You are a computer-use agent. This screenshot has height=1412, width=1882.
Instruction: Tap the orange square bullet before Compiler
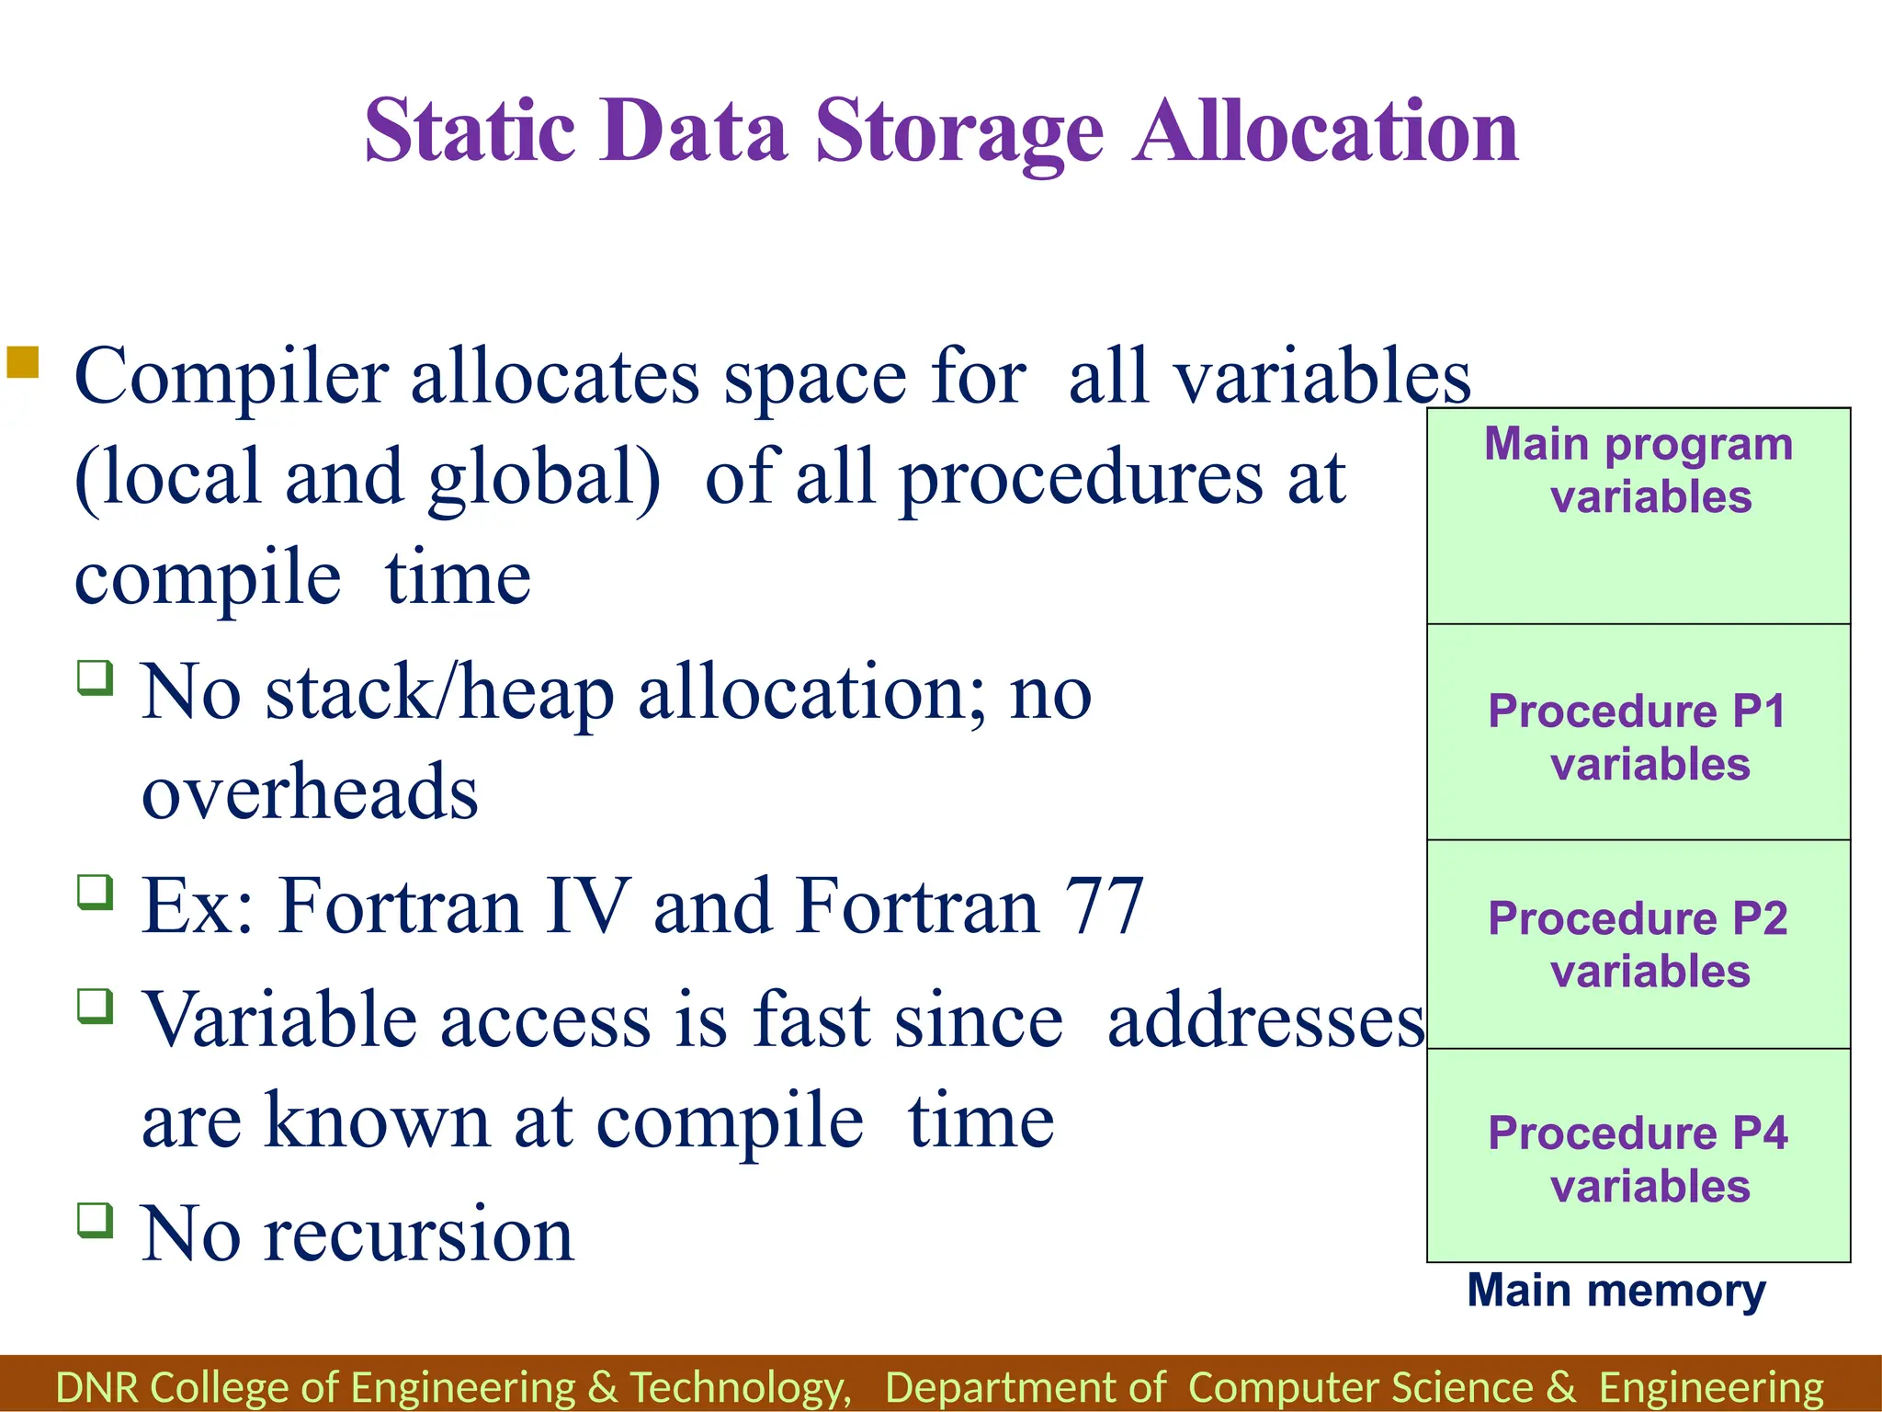click(x=23, y=362)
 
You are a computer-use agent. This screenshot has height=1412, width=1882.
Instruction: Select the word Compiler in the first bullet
click(x=231, y=378)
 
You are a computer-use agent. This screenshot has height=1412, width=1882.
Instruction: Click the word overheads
click(x=310, y=792)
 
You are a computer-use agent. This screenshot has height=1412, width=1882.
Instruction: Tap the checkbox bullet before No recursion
click(x=96, y=1221)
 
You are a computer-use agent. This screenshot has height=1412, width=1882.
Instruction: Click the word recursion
click(x=419, y=1235)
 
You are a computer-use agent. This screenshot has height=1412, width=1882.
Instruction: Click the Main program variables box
click(x=1638, y=516)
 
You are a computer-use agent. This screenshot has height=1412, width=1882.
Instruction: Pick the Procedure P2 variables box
click(x=1638, y=944)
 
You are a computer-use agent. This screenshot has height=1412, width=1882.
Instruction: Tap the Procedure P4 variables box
click(x=1638, y=1156)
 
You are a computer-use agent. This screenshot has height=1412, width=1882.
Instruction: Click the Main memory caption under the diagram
click(x=1616, y=1291)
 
